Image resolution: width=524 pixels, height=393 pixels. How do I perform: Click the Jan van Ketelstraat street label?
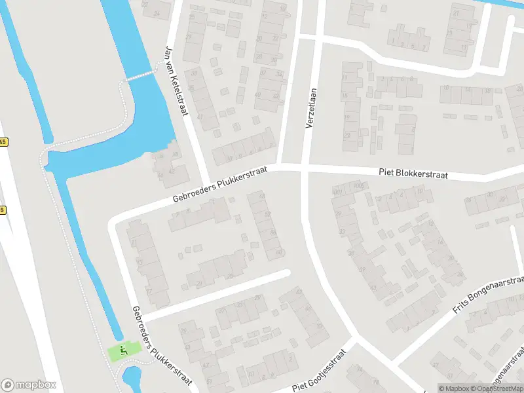pyautogui.click(x=177, y=81)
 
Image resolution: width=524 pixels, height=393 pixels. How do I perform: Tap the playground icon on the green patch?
pyautogui.click(x=122, y=352)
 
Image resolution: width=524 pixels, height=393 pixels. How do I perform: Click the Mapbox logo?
pyautogui.click(x=29, y=385)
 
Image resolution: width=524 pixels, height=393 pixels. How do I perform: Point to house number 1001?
pyautogui.click(x=338, y=192)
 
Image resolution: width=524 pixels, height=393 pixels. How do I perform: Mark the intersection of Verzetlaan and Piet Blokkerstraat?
pyautogui.click(x=304, y=170)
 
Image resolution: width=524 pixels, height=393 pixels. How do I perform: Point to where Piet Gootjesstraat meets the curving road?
pyautogui.click(x=354, y=341)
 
